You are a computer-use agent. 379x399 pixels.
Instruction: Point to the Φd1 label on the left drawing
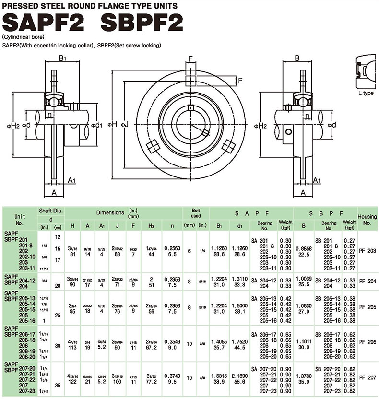click(99, 125)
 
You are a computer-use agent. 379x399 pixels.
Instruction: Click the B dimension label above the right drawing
click(297, 59)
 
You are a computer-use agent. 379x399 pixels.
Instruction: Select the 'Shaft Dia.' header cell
click(51, 211)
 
